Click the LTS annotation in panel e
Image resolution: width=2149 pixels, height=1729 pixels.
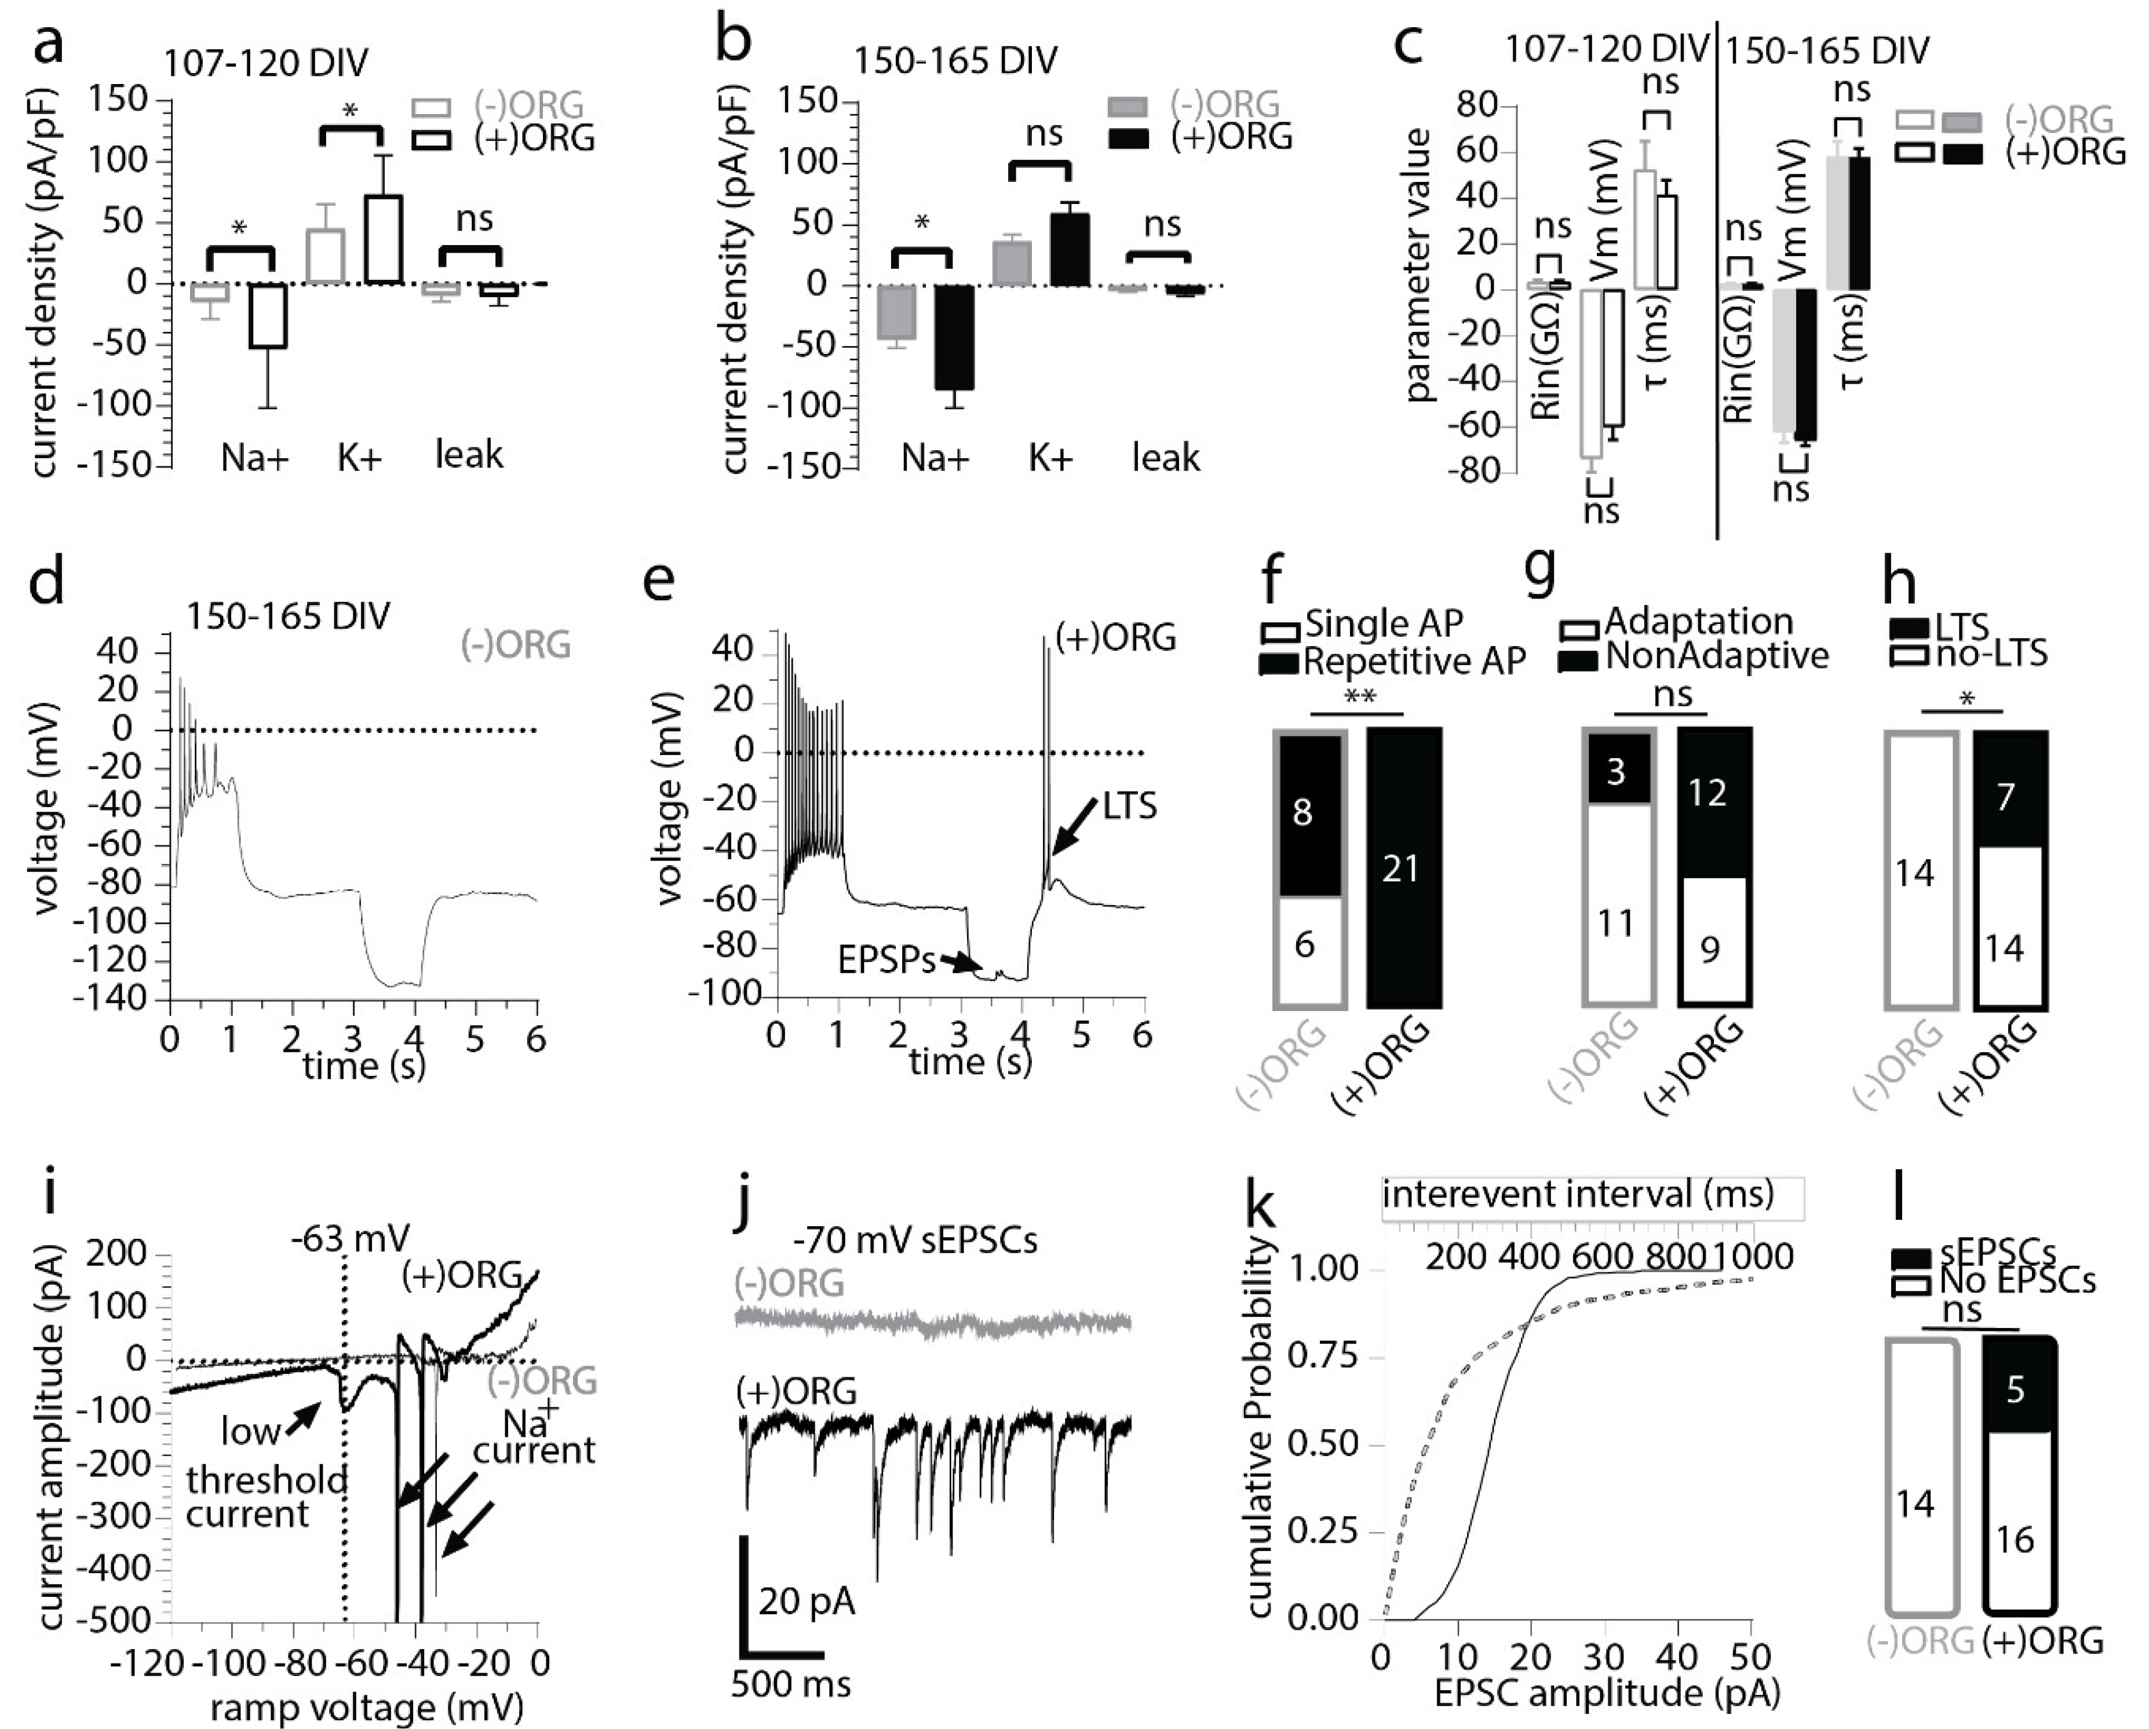click(1129, 805)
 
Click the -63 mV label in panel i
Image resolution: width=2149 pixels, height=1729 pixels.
click(351, 1239)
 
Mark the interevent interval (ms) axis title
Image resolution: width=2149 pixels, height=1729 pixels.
click(1578, 1194)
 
